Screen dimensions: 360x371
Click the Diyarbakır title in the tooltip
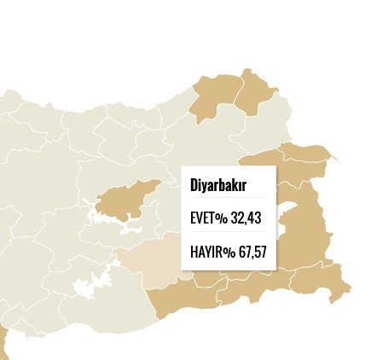[218, 186]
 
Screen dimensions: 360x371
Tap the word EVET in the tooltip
[202, 218]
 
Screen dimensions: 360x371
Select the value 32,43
[246, 218]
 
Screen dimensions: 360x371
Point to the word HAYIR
[205, 252]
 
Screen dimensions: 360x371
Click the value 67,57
[252, 252]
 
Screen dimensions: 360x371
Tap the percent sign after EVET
[221, 219]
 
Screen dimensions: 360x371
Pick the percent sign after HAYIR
[228, 253]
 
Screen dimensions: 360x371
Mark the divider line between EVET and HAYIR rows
[229, 235]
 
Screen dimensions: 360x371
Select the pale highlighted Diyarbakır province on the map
[150, 260]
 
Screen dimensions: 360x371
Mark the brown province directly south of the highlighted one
[183, 299]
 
